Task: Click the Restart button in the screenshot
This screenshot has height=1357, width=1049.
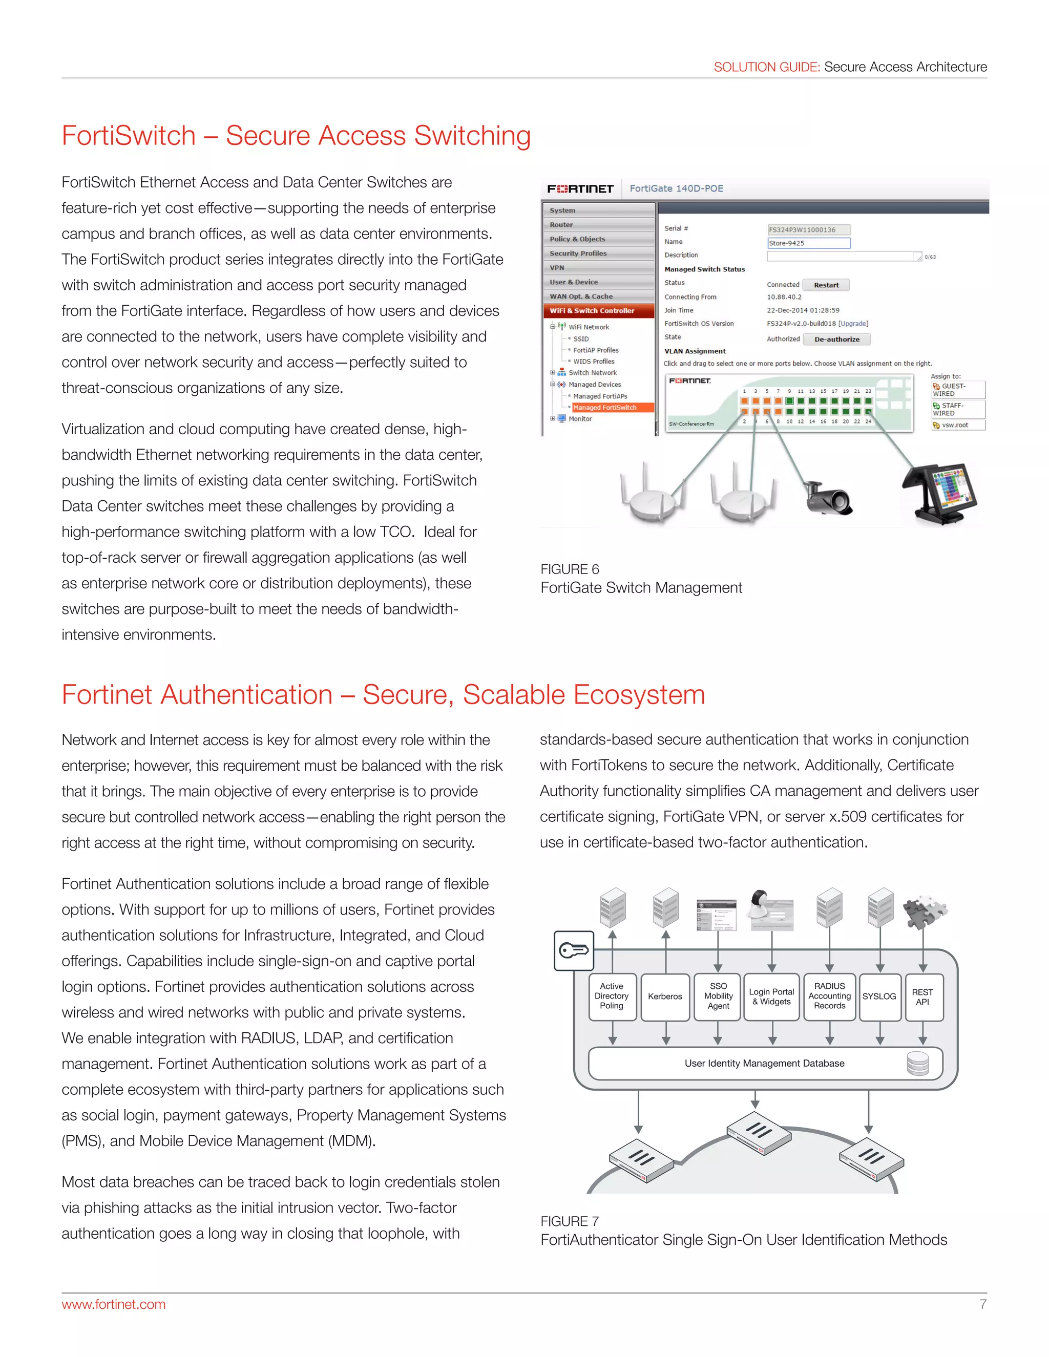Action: click(826, 285)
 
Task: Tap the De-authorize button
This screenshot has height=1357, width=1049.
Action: click(836, 339)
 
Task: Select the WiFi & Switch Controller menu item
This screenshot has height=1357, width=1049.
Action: click(592, 311)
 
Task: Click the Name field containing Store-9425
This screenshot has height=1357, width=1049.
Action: click(808, 243)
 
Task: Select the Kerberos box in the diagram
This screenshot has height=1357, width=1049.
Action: click(665, 996)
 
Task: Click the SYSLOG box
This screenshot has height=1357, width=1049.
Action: click(879, 996)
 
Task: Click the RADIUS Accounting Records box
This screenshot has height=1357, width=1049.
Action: click(830, 996)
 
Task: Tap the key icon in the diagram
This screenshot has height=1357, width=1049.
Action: click(574, 950)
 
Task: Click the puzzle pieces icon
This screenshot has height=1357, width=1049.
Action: click(924, 911)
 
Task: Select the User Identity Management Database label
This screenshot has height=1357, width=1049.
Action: click(764, 1063)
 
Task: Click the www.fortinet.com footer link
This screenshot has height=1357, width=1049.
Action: click(114, 1304)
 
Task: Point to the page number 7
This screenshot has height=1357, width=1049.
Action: click(982, 1304)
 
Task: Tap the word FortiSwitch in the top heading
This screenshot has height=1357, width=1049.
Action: click(129, 136)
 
